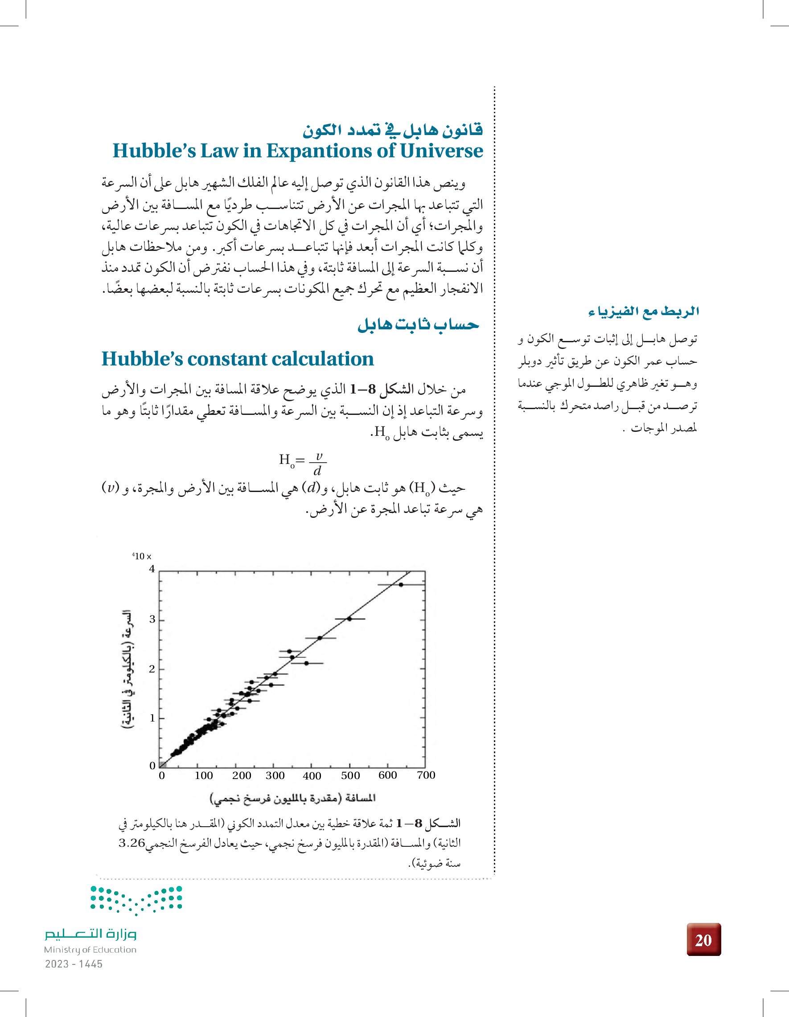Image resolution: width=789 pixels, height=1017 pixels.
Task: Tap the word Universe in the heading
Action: [x=441, y=151]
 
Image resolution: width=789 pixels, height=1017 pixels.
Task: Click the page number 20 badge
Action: [x=703, y=940]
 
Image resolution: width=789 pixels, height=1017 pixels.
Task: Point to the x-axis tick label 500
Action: [x=350, y=775]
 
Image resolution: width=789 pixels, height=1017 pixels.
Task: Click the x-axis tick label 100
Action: [x=204, y=775]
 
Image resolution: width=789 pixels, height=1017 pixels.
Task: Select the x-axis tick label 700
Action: [x=426, y=775]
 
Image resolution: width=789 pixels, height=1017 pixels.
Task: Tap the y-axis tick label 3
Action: [x=152, y=619]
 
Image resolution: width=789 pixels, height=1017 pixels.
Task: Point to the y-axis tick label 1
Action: [x=152, y=718]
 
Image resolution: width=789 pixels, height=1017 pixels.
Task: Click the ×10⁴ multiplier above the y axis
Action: [x=142, y=557]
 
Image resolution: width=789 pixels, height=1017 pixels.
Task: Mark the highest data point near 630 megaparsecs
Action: [x=401, y=584]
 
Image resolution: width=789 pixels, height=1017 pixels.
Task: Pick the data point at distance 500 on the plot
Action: [x=349, y=619]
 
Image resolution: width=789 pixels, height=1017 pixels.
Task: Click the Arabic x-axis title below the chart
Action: [x=292, y=798]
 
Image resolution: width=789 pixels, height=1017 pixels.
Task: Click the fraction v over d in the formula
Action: [x=318, y=463]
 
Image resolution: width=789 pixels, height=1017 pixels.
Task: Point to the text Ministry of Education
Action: [x=90, y=949]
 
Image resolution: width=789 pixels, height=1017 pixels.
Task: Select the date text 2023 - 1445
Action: [x=74, y=964]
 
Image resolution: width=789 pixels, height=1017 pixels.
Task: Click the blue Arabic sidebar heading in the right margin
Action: [x=644, y=311]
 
